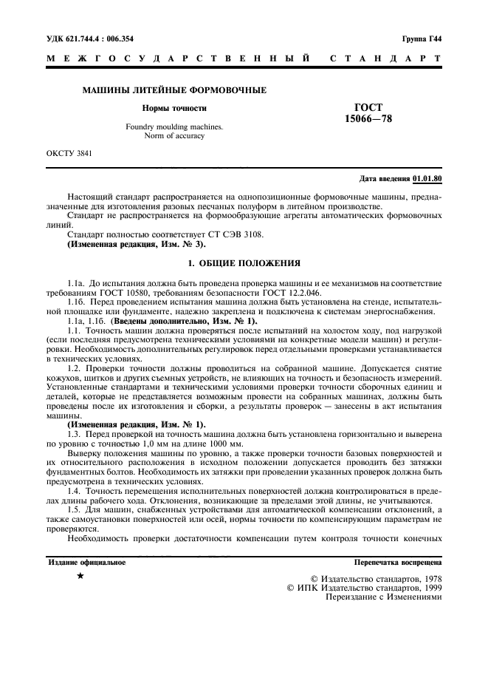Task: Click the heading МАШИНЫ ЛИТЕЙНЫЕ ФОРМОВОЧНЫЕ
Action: [x=168, y=90]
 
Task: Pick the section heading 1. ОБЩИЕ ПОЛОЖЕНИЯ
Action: [x=244, y=262]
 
